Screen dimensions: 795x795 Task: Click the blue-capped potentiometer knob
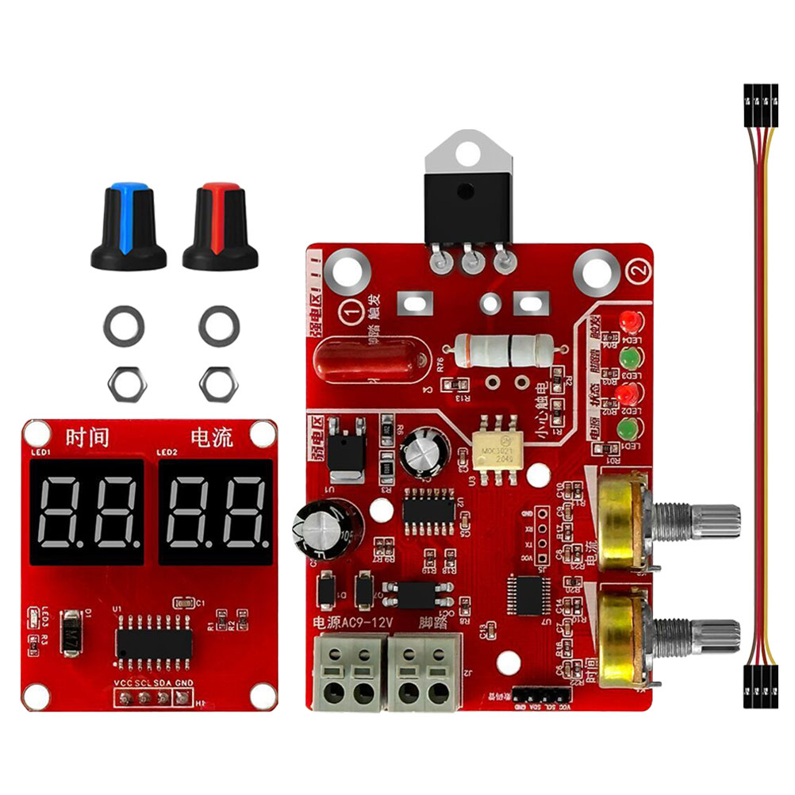click(x=128, y=227)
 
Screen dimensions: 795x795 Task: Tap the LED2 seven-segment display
click(x=216, y=512)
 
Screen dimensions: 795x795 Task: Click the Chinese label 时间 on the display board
click(x=87, y=437)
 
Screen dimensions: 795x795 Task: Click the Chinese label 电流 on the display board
click(x=212, y=437)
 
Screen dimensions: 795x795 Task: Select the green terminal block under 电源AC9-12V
click(x=349, y=673)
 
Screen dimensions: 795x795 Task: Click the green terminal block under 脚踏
click(x=424, y=673)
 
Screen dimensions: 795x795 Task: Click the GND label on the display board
click(x=184, y=682)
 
